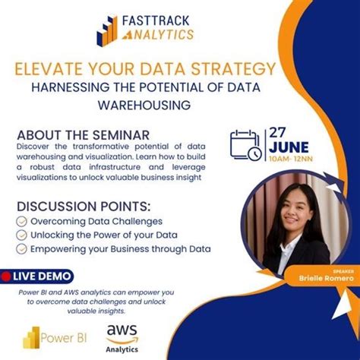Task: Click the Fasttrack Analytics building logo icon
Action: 107,30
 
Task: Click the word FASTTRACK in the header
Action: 157,20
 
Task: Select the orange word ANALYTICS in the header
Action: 157,34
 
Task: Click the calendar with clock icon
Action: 246,144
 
